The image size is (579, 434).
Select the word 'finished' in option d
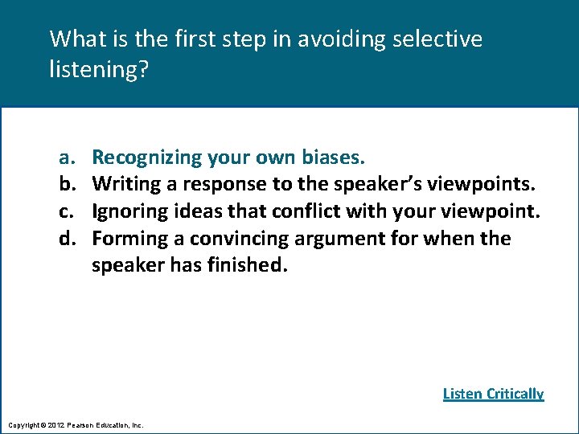246,266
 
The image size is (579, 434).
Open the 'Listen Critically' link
493,394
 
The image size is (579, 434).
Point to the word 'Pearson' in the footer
83,424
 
